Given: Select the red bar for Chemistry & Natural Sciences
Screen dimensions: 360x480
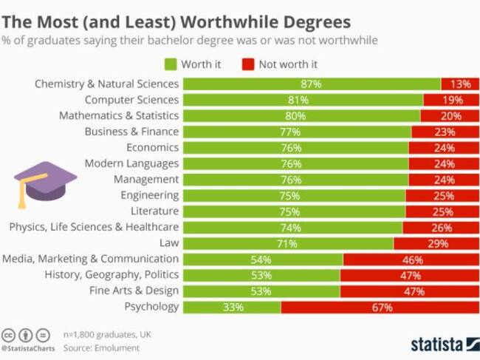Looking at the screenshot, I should pyautogui.click(x=460, y=84).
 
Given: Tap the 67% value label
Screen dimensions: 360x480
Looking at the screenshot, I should pyautogui.click(x=382, y=308).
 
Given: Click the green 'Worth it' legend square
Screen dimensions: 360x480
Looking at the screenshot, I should pyautogui.click(x=171, y=64).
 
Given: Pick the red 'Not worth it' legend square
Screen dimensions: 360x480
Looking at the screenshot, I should pyautogui.click(x=247, y=64).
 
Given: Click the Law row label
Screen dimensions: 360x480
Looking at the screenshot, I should pyautogui.click(x=168, y=243).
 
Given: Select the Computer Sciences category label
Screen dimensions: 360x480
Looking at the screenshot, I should pyautogui.click(x=131, y=100).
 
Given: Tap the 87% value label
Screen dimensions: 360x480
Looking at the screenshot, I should pyautogui.click(x=311, y=84).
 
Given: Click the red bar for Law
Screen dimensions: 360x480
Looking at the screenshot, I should pyautogui.click(x=436, y=243).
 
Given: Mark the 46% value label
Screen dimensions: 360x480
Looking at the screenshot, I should pyautogui.click(x=412, y=259).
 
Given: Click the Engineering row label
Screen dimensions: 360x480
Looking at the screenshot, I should pyautogui.click(x=150, y=195).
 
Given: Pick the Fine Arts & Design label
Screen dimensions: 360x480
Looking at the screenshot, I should pyautogui.click(x=134, y=291).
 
